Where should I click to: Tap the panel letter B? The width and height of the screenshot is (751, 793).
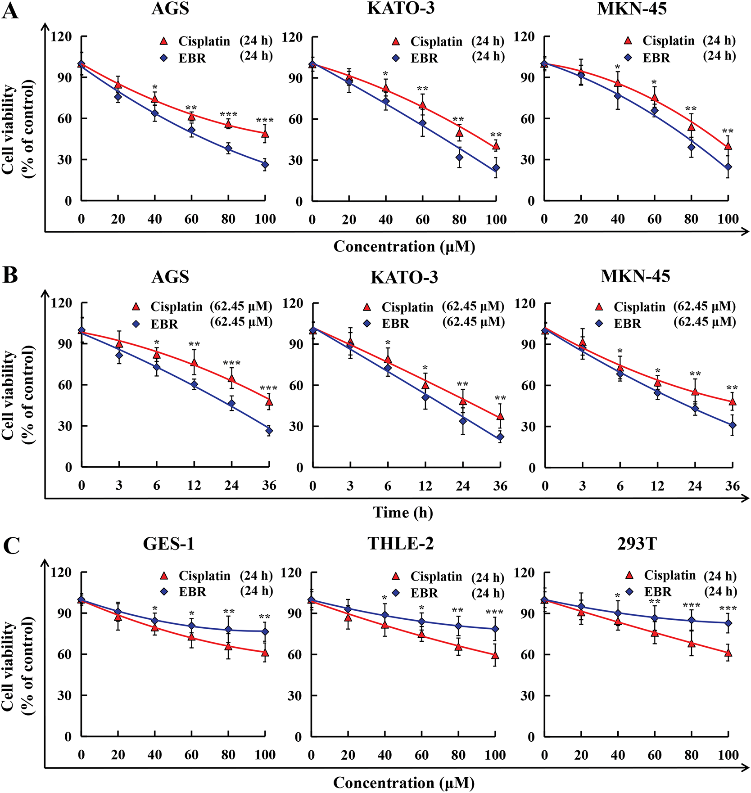click(10, 275)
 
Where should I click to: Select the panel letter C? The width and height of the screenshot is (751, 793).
click(11, 546)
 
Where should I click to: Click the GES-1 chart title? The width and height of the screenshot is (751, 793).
click(169, 544)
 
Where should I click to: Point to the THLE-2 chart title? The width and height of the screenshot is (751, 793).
click(401, 544)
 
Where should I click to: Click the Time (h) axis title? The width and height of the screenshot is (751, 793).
click(403, 512)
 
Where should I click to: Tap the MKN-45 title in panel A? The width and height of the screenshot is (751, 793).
click(632, 9)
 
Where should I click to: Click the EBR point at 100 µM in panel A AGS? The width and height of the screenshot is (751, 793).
click(265, 165)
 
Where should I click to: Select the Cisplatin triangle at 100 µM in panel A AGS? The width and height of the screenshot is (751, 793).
click(265, 133)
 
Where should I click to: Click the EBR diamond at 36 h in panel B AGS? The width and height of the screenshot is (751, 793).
click(269, 431)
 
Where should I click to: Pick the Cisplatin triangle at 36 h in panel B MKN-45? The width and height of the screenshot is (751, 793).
click(733, 401)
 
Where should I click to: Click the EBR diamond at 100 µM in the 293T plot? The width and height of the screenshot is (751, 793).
click(728, 623)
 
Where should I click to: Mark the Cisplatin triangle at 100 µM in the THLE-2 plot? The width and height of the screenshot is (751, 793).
click(495, 655)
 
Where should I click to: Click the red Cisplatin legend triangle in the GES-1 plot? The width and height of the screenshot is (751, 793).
click(164, 576)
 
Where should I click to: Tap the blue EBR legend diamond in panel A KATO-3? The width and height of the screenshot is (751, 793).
click(396, 58)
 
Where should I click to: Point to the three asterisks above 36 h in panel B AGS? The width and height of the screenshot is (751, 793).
click(269, 388)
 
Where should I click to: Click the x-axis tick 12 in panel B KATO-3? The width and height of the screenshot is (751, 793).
click(425, 486)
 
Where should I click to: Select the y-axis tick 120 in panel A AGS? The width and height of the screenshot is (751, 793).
click(62, 36)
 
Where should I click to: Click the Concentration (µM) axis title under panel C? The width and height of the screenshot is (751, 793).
click(404, 783)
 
